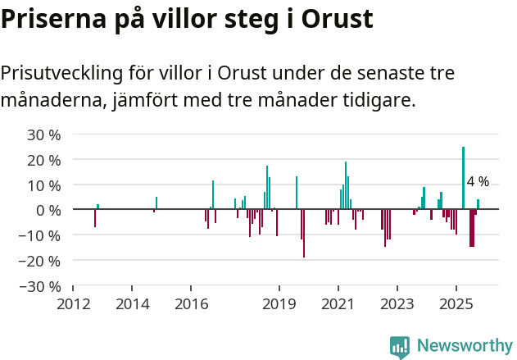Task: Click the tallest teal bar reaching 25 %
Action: [463, 177]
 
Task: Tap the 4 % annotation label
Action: [478, 181]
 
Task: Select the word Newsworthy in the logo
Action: [465, 345]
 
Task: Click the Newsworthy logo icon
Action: [400, 347]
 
